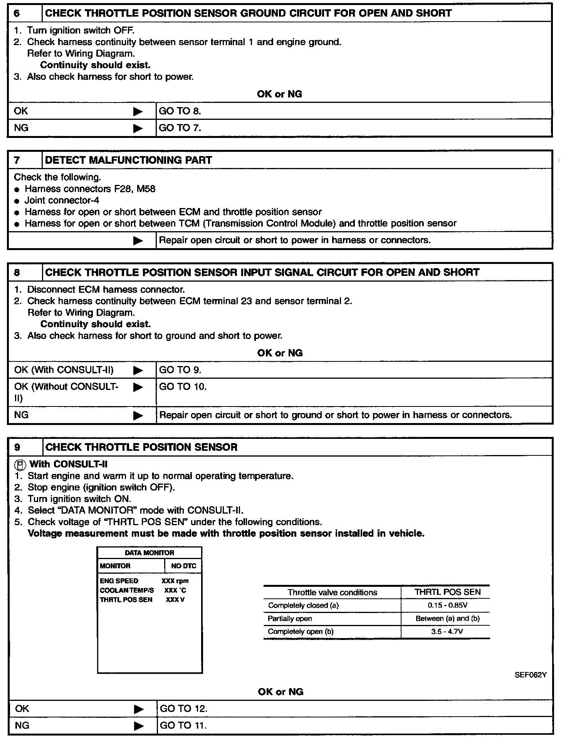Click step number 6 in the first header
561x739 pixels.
pos(17,13)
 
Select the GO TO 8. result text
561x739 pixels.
pos(180,111)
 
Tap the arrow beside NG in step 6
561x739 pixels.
pos(138,128)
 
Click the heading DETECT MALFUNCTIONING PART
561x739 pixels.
pos(128,160)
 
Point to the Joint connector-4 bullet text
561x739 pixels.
pos(62,200)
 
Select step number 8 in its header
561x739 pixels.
pos(17,272)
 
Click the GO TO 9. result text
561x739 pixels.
pos(180,370)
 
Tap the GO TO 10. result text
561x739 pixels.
pos(183,386)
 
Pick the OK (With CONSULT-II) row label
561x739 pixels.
pos(64,370)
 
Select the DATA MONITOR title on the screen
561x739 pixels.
pos(149,553)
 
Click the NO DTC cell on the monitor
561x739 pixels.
pos(183,566)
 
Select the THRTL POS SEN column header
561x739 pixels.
pos(447,592)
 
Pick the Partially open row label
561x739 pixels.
pos(290,618)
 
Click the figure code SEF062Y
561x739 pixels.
pos(530,675)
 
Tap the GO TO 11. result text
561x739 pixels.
pos(183,726)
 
